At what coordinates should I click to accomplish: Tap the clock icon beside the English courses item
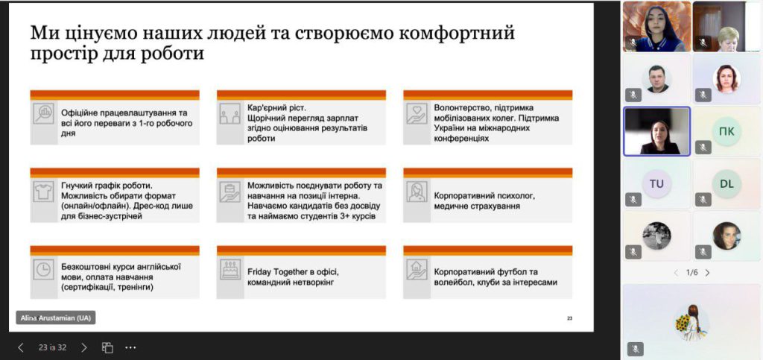(x=43, y=269)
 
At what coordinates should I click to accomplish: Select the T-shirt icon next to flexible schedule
(x=43, y=191)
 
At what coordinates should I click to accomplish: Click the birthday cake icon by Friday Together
(x=229, y=269)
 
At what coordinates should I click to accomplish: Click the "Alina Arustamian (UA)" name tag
(x=55, y=318)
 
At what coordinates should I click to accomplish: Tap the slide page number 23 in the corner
(x=570, y=319)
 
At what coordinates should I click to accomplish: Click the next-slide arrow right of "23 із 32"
(x=83, y=347)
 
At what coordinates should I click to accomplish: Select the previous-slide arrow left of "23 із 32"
(x=20, y=347)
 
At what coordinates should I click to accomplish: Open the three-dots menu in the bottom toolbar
(x=130, y=347)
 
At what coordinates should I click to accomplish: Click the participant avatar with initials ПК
(x=726, y=131)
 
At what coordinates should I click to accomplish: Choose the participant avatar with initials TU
(x=656, y=183)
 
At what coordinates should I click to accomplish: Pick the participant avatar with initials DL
(x=726, y=183)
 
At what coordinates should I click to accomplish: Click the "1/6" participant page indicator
(x=691, y=273)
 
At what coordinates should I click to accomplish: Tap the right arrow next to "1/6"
(x=708, y=273)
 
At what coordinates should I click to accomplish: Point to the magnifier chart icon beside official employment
(x=43, y=113)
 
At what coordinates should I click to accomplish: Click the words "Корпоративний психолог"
(x=484, y=197)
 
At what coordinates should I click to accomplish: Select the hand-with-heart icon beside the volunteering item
(x=417, y=113)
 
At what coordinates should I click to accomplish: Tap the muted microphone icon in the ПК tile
(x=703, y=147)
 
